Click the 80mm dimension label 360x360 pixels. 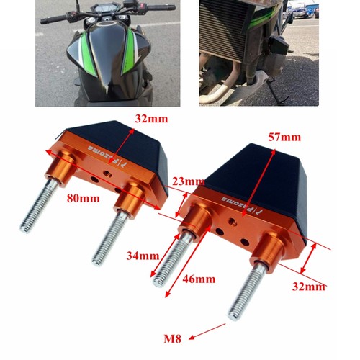pos(84,199)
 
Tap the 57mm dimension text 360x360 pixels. pos(284,138)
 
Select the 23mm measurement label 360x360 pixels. pos(189,181)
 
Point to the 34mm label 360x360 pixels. pos(143,256)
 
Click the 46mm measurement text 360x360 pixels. pos(199,279)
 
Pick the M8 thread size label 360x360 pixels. pos(172,339)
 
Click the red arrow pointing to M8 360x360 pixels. pos(207,331)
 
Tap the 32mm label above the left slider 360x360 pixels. pos(151,119)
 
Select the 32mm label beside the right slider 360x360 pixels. pos(309,287)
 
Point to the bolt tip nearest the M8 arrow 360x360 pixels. pos(233,316)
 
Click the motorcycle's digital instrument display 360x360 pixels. pos(105,10)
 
